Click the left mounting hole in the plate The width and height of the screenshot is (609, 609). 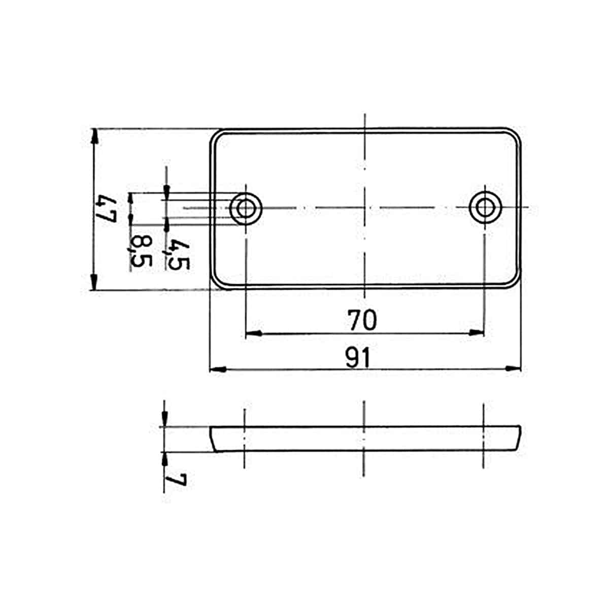(246, 208)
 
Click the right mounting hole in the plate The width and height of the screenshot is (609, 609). (486, 208)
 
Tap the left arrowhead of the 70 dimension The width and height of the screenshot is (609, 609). (253, 333)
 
